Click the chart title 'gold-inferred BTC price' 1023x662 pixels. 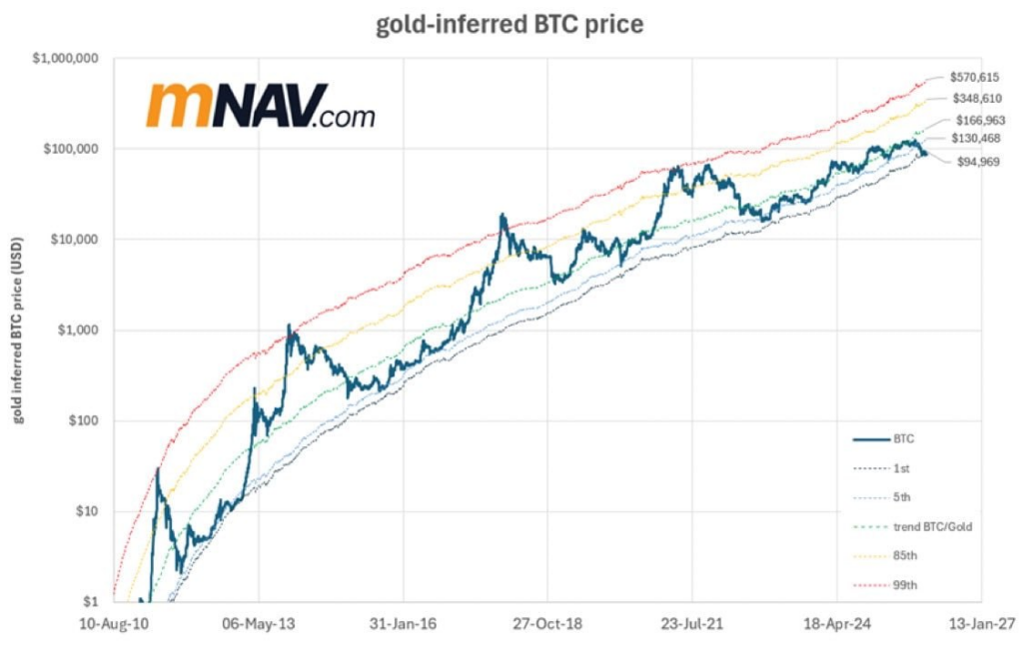point(510,25)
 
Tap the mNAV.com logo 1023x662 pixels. point(260,105)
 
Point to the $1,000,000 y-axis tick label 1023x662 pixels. point(65,58)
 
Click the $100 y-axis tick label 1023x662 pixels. point(83,420)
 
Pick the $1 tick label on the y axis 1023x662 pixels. point(90,601)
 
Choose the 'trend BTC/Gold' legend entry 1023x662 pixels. point(930,526)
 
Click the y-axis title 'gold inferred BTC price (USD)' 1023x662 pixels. point(17,330)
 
